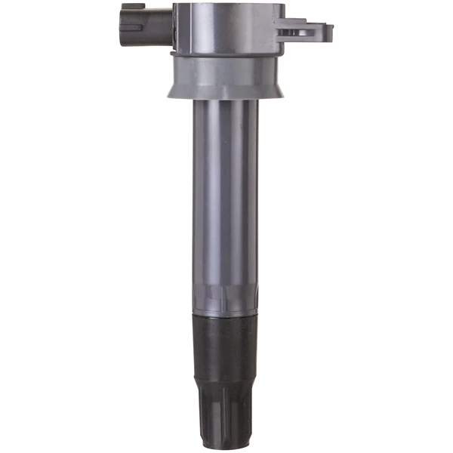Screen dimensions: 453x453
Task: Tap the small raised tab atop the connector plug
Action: [x=133, y=6]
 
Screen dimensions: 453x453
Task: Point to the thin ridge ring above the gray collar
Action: [x=226, y=54]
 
